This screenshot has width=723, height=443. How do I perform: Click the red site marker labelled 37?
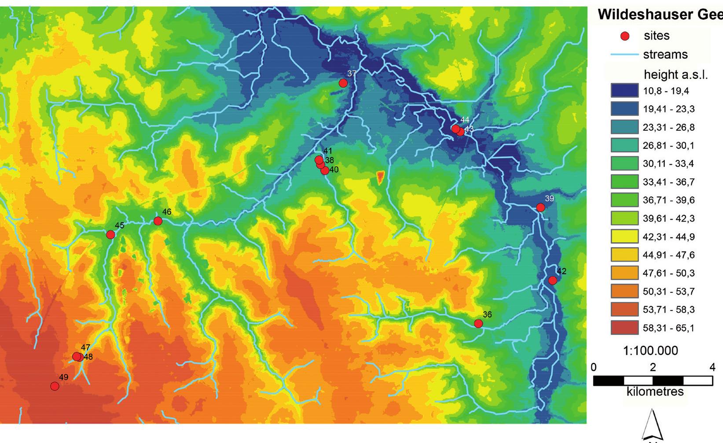[x=343, y=83]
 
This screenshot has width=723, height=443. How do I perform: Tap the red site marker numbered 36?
[x=478, y=324]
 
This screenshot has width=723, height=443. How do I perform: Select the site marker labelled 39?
[x=540, y=207]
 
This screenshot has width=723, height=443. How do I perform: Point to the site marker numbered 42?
[x=552, y=281]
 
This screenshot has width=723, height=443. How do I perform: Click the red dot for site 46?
[x=158, y=221]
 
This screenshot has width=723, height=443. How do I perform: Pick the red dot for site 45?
[x=110, y=235]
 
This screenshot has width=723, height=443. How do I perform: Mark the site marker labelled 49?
[x=55, y=386]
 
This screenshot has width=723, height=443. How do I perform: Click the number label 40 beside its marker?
[x=334, y=169]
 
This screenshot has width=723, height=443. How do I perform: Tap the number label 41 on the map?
[x=327, y=151]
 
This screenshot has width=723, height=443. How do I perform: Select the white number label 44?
[x=465, y=120]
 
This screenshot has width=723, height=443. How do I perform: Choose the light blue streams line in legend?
[x=624, y=55]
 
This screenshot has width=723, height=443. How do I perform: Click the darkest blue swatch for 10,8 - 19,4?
[x=624, y=91]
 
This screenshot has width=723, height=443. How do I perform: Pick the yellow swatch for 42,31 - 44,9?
[x=624, y=236]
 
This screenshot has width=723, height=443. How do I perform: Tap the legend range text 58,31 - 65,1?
[x=668, y=328]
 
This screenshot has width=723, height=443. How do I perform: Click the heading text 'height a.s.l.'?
[x=675, y=74]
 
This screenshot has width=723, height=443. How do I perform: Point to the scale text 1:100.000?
[x=650, y=351]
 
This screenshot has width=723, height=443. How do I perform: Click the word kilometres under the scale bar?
[x=655, y=391]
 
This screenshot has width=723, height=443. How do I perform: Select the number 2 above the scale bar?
[x=653, y=367]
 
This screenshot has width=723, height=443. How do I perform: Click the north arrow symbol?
[x=653, y=425]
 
